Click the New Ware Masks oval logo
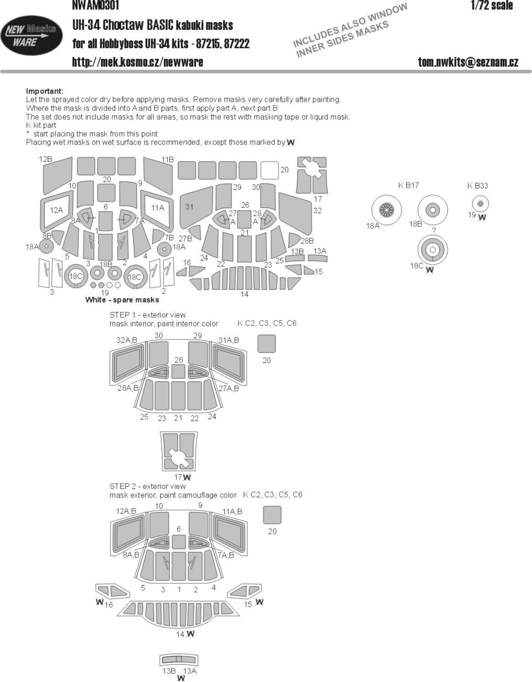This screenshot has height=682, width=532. (30, 36)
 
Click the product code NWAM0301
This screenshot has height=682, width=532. (96, 6)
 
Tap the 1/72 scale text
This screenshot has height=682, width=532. (491, 6)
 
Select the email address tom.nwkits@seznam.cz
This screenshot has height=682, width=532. (468, 62)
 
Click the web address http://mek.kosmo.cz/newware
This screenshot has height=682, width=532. (137, 62)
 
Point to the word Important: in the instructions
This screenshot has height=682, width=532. (45, 91)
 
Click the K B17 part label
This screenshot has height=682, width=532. (408, 185)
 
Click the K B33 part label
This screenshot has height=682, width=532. (477, 185)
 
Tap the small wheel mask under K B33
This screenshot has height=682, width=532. (480, 204)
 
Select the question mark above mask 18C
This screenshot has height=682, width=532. (433, 230)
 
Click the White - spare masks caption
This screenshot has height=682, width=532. (122, 300)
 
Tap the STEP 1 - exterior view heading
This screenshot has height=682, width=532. (147, 315)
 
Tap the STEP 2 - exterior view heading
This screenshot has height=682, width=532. (147, 486)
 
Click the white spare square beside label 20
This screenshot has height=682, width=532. (269, 170)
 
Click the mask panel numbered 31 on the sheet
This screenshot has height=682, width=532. (193, 210)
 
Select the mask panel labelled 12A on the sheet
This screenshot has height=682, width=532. (56, 209)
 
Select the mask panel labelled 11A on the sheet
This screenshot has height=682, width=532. (157, 208)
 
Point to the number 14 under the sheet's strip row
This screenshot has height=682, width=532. (244, 294)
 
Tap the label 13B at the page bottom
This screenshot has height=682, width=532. (168, 671)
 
